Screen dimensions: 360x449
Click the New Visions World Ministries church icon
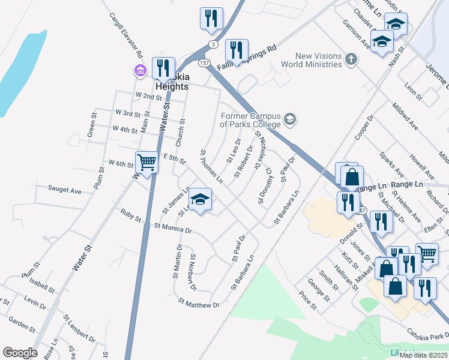pos(351,59)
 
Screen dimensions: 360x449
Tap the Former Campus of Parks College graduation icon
pos(291,119)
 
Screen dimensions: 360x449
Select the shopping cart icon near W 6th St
pos(146,162)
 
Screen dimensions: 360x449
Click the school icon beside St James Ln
pos(201,200)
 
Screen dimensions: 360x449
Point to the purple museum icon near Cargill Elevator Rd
pos(140,71)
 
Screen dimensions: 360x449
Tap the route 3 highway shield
pos(213,44)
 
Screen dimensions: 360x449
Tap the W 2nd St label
pos(149,96)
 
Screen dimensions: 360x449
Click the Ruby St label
pos(130,212)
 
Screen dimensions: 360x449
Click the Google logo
pos(20,352)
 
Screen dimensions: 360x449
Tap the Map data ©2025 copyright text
pos(424,355)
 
